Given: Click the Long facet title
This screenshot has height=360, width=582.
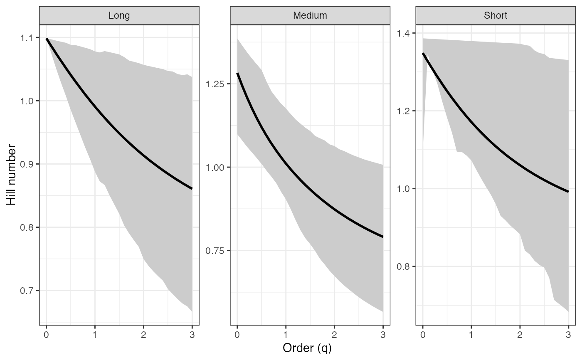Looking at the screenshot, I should [119, 16].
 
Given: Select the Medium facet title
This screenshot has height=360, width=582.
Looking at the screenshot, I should [310, 16].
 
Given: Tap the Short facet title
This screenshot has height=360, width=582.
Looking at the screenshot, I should [496, 16].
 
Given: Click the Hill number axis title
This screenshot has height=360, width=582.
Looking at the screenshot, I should [12, 175].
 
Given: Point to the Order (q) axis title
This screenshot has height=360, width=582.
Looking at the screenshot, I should [307, 348].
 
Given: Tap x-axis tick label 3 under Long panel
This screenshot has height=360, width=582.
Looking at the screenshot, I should [192, 334].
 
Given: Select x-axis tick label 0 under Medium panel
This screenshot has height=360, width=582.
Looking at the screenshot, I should [237, 334].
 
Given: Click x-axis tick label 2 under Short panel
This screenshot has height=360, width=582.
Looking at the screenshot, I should [520, 334].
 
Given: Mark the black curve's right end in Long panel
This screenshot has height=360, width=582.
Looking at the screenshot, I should [192, 189].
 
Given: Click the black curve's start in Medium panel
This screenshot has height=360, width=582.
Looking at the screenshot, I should [237, 73].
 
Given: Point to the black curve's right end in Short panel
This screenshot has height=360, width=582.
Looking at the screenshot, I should [568, 192].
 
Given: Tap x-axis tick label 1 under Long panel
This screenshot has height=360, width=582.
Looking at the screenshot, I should [95, 334].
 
